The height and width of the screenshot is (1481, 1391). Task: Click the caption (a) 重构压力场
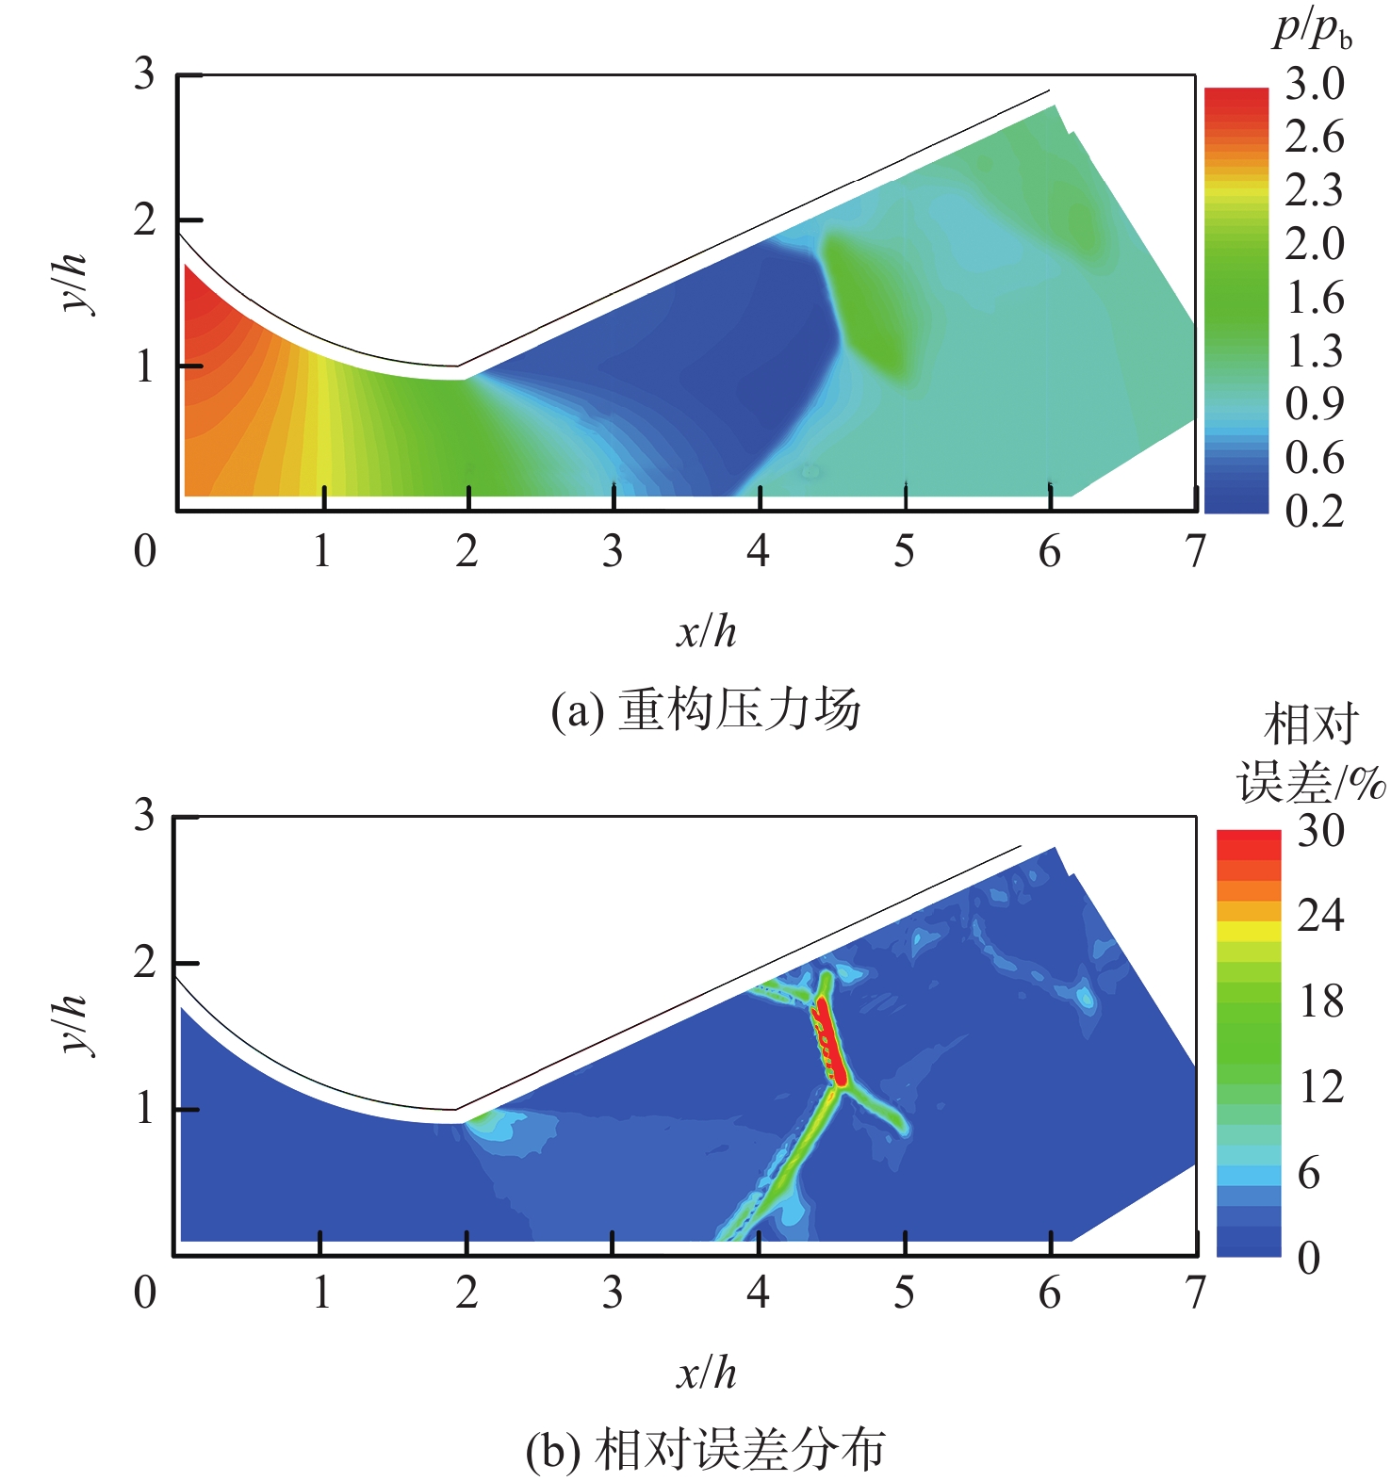point(706,710)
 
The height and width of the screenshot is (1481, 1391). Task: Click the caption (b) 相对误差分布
point(706,1451)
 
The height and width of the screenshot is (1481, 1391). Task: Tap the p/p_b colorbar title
point(1313,30)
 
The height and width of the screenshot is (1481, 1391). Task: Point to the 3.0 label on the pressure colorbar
point(1315,85)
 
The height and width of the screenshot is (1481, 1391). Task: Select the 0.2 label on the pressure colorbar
point(1315,511)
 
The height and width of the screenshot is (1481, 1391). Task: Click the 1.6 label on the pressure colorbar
point(1315,298)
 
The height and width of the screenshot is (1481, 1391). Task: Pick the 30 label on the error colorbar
point(1320,831)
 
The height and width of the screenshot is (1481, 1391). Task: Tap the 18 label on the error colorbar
point(1320,1001)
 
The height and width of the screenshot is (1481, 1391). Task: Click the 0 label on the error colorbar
point(1309,1258)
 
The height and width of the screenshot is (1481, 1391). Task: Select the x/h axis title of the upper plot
point(706,631)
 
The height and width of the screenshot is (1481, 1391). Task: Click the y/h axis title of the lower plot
point(72,1024)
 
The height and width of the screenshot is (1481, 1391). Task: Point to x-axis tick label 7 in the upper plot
point(1195,551)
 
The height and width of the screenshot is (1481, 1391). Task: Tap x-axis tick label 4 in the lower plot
point(758,1293)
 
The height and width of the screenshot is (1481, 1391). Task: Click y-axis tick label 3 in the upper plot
point(144,73)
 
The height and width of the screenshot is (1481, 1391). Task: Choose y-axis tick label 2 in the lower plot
point(144,963)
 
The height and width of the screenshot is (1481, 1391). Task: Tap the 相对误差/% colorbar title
point(1311,754)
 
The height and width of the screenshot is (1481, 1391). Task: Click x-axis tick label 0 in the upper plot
point(144,551)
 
